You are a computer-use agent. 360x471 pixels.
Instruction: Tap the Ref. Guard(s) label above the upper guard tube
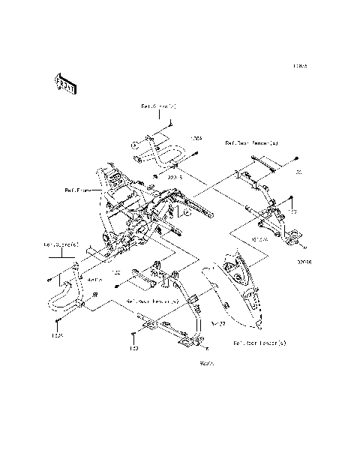(158, 107)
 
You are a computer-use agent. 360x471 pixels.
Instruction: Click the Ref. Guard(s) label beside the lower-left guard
(60, 244)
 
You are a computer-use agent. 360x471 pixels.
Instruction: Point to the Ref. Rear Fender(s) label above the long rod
(251, 142)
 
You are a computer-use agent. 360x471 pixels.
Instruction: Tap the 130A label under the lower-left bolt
(57, 335)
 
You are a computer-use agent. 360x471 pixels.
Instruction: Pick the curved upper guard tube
(157, 150)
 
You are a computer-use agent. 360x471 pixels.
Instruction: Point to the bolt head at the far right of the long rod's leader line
(298, 159)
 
